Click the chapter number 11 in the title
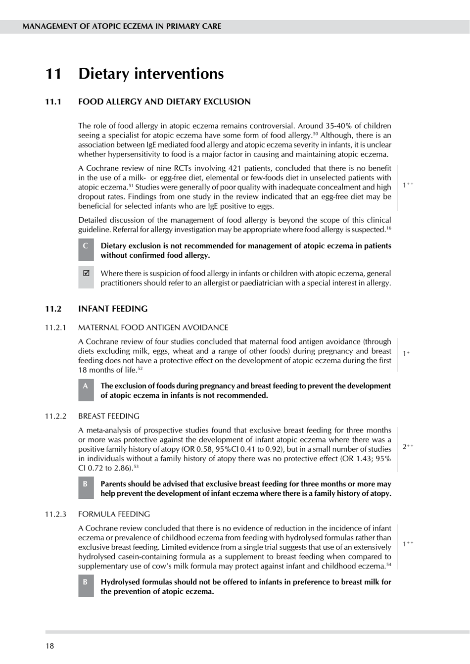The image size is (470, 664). (x=53, y=74)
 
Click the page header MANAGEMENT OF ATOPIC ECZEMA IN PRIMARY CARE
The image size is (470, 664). (x=122, y=26)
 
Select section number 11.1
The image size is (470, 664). (x=53, y=102)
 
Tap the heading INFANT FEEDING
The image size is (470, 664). (x=113, y=309)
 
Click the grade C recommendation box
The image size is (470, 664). (x=86, y=250)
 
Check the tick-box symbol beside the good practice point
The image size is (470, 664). (x=86, y=273)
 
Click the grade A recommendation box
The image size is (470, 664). (x=86, y=390)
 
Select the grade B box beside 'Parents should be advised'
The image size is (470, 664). (x=86, y=488)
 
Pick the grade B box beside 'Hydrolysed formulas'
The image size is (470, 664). (x=86, y=586)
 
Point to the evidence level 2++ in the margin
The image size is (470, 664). (x=408, y=447)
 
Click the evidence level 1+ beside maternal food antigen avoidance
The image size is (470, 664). (x=406, y=354)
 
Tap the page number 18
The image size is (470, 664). (x=50, y=646)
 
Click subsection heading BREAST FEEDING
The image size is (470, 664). (x=109, y=416)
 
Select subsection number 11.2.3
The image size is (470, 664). (x=55, y=514)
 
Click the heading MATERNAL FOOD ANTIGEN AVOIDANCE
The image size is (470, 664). (x=153, y=328)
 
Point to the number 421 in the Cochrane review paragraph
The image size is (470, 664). (x=235, y=168)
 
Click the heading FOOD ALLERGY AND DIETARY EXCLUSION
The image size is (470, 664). (x=164, y=102)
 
